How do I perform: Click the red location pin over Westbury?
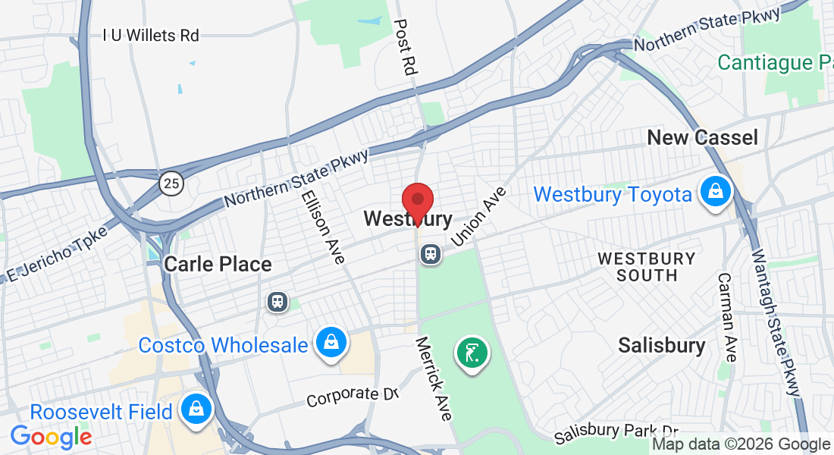click(417, 201)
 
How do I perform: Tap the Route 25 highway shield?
click(171, 182)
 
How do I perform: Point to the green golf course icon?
click(472, 353)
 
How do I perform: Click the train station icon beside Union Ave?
click(431, 254)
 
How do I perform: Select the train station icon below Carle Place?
click(278, 301)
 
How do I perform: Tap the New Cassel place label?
click(702, 137)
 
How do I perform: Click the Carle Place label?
click(218, 264)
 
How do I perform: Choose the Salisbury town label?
click(661, 346)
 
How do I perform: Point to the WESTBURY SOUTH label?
click(647, 266)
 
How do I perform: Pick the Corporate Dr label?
click(353, 396)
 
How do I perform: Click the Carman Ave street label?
click(726, 317)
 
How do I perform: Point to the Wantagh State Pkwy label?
click(774, 319)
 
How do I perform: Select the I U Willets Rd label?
click(151, 35)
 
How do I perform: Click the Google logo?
click(51, 436)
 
